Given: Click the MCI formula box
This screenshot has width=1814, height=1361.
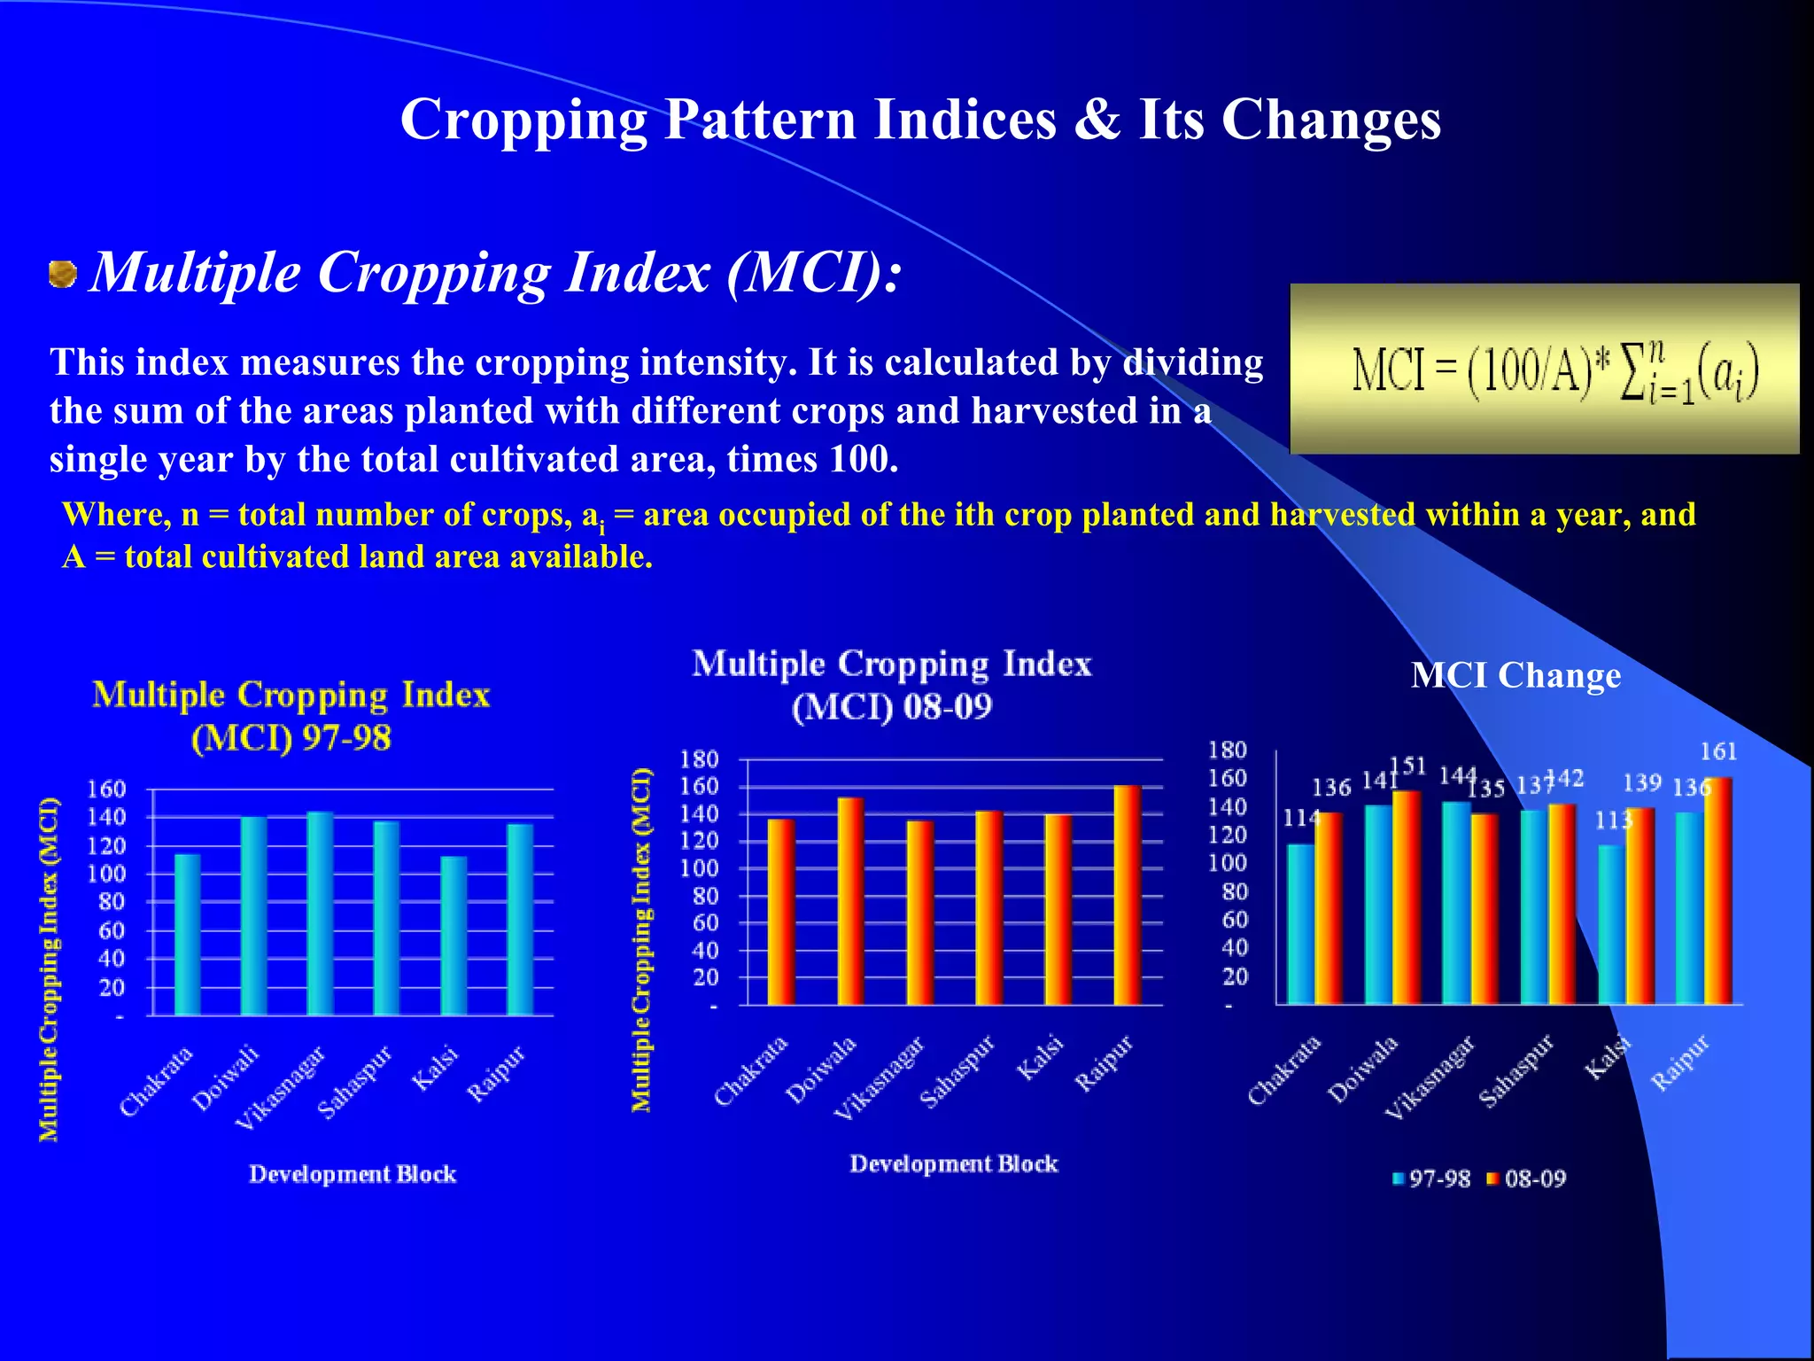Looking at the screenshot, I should point(1544,369).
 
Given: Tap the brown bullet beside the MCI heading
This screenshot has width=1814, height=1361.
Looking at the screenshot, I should point(62,274).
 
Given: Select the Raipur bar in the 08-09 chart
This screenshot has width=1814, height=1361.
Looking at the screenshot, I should point(1127,895).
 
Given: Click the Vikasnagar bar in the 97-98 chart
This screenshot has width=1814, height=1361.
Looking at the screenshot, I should point(320,913).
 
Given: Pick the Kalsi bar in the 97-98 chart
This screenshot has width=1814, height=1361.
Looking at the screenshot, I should point(453,935).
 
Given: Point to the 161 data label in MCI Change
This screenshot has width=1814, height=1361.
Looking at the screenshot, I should point(1717,751).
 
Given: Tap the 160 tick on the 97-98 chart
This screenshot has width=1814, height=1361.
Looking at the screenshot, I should point(106,789).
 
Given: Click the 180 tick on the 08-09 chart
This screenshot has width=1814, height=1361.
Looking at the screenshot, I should point(699,759).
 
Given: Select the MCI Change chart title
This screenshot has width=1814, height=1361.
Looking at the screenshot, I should point(1516,676).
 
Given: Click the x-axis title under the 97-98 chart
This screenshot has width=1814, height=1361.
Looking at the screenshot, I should point(353,1174).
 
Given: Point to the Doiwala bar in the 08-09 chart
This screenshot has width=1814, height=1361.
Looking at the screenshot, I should point(850,900).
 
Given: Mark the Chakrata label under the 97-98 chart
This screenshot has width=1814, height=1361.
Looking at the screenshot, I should point(156,1081).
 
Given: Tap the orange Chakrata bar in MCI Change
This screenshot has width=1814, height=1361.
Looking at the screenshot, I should point(1329,908).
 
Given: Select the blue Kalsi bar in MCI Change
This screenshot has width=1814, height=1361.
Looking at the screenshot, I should point(1611,924).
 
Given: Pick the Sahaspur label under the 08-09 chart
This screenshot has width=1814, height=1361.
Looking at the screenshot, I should point(957,1072).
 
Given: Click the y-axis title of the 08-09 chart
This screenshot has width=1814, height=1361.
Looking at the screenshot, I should point(641,939).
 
